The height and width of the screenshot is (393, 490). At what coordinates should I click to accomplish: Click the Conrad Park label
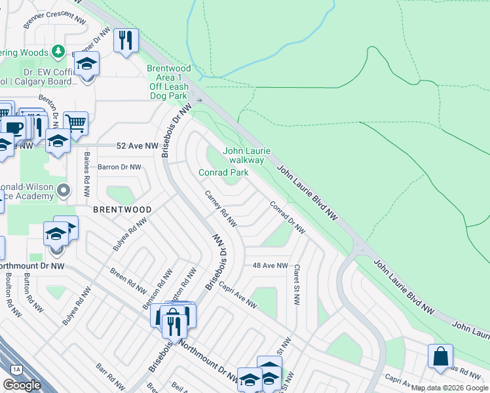[223, 172]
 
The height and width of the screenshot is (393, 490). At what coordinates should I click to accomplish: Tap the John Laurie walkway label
[244, 155]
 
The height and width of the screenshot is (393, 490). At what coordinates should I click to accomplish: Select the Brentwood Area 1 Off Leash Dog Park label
[168, 82]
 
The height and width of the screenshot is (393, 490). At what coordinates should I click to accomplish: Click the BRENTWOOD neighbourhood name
[122, 210]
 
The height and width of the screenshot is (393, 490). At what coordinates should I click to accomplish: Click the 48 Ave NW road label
[271, 265]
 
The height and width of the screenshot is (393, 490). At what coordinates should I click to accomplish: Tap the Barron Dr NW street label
[119, 167]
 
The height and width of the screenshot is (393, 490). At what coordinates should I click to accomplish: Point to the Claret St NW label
[297, 286]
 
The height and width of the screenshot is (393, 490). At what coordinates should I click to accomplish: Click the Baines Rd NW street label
[86, 175]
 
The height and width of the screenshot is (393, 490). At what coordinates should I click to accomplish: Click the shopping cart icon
[76, 122]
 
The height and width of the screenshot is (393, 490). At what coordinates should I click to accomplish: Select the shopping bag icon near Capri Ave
[440, 356]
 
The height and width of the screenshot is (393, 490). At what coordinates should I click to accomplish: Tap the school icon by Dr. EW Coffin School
[86, 64]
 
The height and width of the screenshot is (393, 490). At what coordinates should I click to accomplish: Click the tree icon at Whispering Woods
[58, 51]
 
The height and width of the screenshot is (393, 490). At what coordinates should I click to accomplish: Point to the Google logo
[22, 385]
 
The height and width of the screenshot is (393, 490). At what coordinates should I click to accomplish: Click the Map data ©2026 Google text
[449, 388]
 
